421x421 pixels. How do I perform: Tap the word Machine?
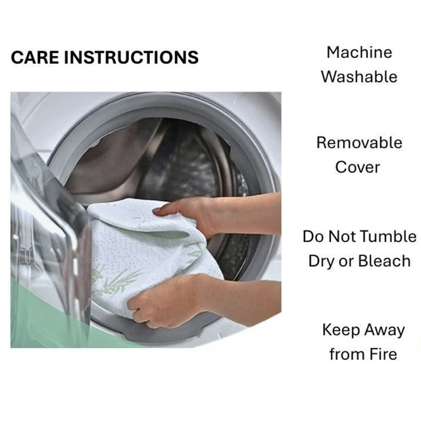[359, 52]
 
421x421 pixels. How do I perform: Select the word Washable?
[359, 76]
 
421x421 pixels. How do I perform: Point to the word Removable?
[359, 142]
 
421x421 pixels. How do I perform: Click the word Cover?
[358, 167]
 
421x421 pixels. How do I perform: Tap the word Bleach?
[384, 260]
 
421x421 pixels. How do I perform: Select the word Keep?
[341, 330]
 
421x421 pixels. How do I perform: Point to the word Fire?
[383, 354]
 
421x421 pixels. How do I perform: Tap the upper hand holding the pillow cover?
[188, 212]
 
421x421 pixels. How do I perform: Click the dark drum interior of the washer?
[172, 161]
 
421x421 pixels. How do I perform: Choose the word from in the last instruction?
[347, 354]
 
